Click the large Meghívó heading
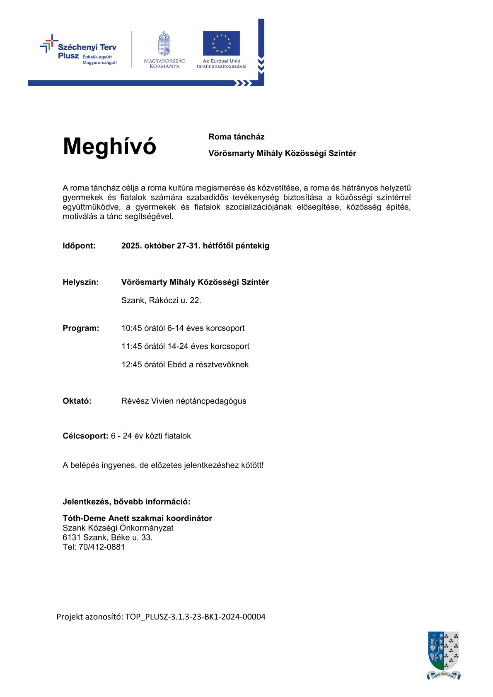point(109,146)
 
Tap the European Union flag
point(221,43)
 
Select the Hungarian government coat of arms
point(164,43)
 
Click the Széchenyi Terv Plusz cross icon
point(49,43)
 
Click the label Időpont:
point(79,246)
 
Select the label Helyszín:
point(81,282)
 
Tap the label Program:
point(81,328)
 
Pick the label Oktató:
point(77,401)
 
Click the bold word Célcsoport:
point(85,436)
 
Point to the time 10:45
point(131,328)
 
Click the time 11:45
point(131,346)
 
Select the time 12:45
point(131,364)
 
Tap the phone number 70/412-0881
point(101,547)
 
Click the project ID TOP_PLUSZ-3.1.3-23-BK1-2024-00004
point(195,617)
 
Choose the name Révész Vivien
point(147,401)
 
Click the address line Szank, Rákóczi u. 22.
point(161,300)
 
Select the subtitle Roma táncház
point(237,137)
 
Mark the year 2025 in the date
point(130,246)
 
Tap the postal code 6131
point(72,538)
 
